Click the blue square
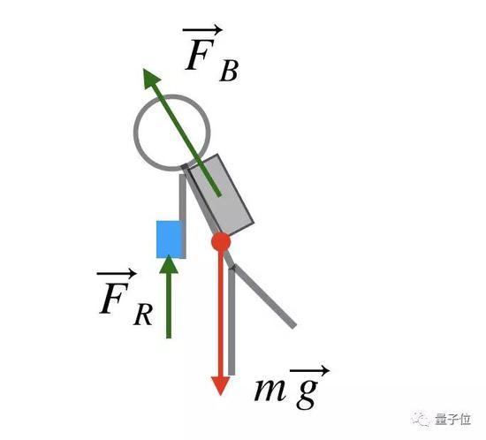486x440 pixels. (170, 239)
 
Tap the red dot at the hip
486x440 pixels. (221, 241)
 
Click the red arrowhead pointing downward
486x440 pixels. (220, 385)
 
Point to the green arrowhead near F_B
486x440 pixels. (150, 78)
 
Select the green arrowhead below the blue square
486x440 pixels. (169, 264)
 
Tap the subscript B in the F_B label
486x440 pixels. (229, 72)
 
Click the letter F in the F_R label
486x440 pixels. (114, 298)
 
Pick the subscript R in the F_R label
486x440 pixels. (142, 315)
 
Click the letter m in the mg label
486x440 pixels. (270, 390)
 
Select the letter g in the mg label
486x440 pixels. (307, 393)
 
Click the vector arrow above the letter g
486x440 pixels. (309, 370)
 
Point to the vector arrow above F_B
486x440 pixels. (202, 30)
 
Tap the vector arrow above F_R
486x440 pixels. (117, 273)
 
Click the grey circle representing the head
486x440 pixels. (134, 133)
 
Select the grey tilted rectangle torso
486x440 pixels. (221, 194)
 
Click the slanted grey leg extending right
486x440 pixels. (264, 296)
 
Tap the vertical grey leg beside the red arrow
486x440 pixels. (232, 322)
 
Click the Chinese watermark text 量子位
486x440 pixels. (452, 420)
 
